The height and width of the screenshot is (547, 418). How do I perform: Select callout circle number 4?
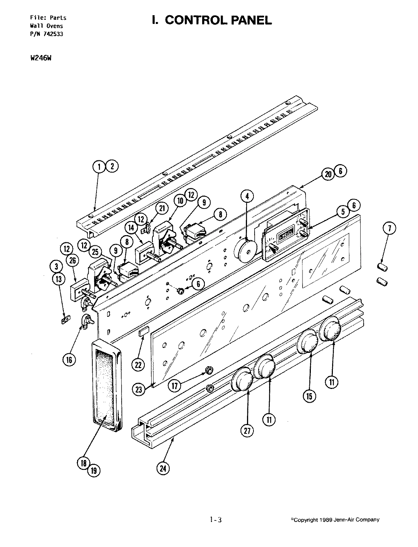click(247, 196)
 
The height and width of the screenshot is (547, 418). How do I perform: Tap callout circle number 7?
click(390, 228)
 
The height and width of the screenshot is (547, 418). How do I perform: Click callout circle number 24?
click(163, 468)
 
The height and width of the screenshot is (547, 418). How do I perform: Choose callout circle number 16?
click(69, 360)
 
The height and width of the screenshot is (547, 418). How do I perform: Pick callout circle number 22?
click(138, 364)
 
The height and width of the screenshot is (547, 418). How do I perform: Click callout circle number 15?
click(309, 396)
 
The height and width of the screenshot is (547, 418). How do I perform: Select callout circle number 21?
click(162, 208)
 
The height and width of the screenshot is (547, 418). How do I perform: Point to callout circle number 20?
click(328, 174)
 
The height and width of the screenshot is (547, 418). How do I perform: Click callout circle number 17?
click(175, 386)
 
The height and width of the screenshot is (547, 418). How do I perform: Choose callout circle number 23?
click(139, 389)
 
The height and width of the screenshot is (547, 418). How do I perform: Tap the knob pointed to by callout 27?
click(242, 379)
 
